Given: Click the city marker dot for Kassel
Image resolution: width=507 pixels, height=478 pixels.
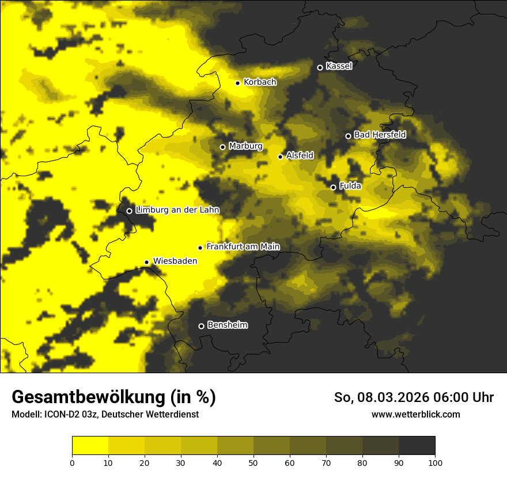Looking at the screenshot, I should pyautogui.click(x=320, y=67).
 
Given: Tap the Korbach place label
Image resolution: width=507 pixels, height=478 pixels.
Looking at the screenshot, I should pyautogui.click(x=260, y=82).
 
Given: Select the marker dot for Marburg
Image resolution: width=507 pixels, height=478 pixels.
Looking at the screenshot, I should pyautogui.click(x=222, y=147).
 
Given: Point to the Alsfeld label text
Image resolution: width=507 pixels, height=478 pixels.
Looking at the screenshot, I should pyautogui.click(x=300, y=155).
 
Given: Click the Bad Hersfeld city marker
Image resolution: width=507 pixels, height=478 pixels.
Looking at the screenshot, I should pyautogui.click(x=348, y=136).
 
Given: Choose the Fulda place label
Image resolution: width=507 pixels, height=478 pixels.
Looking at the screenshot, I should pyautogui.click(x=350, y=186).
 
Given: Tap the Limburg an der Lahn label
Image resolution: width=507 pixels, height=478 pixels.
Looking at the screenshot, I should pyautogui.click(x=177, y=210).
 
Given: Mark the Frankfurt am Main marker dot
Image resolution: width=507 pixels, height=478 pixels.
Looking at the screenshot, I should pyautogui.click(x=200, y=248).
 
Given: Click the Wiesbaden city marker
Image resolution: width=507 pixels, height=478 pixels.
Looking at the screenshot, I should pyautogui.click(x=146, y=262).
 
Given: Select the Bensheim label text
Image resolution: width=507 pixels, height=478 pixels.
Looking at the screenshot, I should pyautogui.click(x=227, y=325).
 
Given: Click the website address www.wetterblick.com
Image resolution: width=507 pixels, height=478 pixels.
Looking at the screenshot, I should pyautogui.click(x=416, y=415).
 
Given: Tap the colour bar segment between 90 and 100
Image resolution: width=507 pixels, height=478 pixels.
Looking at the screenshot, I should pyautogui.click(x=417, y=446).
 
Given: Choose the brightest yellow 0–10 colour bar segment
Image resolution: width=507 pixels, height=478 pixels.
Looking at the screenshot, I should pyautogui.click(x=90, y=446).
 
